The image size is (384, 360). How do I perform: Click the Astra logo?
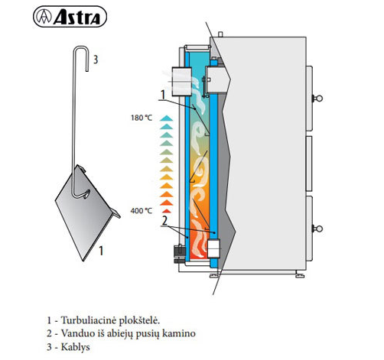pyautogui.click(x=70, y=17)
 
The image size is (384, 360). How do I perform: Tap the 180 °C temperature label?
pyautogui.click(x=142, y=118)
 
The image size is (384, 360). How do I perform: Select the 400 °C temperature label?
pyautogui.click(x=142, y=211)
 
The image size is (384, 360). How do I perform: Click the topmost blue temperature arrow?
pyautogui.click(x=166, y=118)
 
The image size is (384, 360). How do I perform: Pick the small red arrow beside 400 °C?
pyautogui.click(x=167, y=211)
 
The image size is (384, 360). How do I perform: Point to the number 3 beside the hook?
pyautogui.click(x=96, y=60)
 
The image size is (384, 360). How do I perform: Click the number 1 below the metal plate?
pyautogui.click(x=101, y=251)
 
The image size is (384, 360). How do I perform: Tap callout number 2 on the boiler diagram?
pyautogui.click(x=164, y=221)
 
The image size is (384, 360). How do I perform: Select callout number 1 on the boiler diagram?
pyautogui.click(x=163, y=95)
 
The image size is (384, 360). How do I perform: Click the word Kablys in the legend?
pyautogui.click(x=76, y=347)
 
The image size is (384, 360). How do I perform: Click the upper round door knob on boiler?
pyautogui.click(x=318, y=98)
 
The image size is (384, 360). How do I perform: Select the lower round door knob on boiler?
pyautogui.click(x=318, y=229)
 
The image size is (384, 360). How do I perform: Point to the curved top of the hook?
pyautogui.click(x=80, y=47)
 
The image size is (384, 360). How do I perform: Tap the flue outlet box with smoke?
pyautogui.click(x=182, y=81)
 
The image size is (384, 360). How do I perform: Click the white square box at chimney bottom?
pyautogui.click(x=213, y=248)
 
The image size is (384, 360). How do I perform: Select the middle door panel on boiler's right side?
pyautogui.click(x=309, y=164)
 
